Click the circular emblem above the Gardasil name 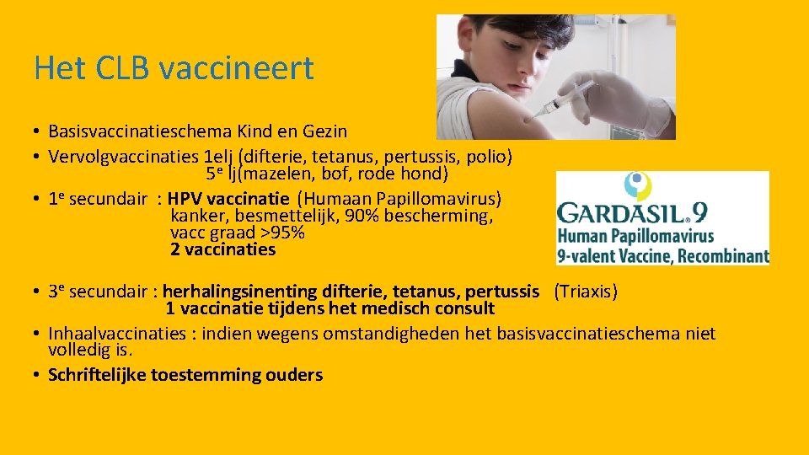(637, 185)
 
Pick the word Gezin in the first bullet (325, 131)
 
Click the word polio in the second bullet (489, 157)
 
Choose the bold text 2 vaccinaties (222, 249)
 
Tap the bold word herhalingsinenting (237, 292)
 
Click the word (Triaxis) (586, 292)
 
